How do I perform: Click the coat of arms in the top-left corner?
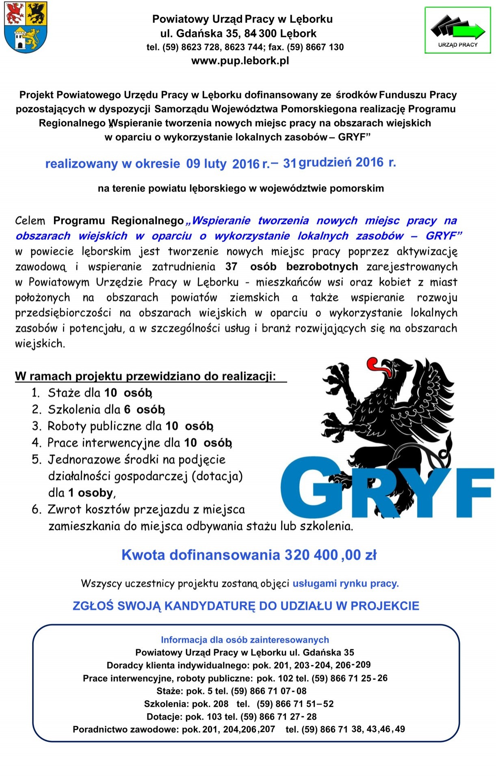coord(25,27)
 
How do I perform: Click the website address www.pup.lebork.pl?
coord(240,61)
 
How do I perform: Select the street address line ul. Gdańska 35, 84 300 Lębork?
coord(238,33)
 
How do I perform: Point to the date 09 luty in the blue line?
coord(206,164)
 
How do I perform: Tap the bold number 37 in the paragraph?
coord(231,267)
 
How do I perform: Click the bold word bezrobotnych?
coord(322,267)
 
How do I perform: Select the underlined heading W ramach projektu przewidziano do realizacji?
coord(145,376)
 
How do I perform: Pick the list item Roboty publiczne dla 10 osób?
coord(130,426)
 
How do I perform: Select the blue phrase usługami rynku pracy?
coord(346,584)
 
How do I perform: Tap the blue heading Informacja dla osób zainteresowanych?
coord(245,640)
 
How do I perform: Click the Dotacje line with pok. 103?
coord(232,717)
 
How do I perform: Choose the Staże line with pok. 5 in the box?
coord(232,691)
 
